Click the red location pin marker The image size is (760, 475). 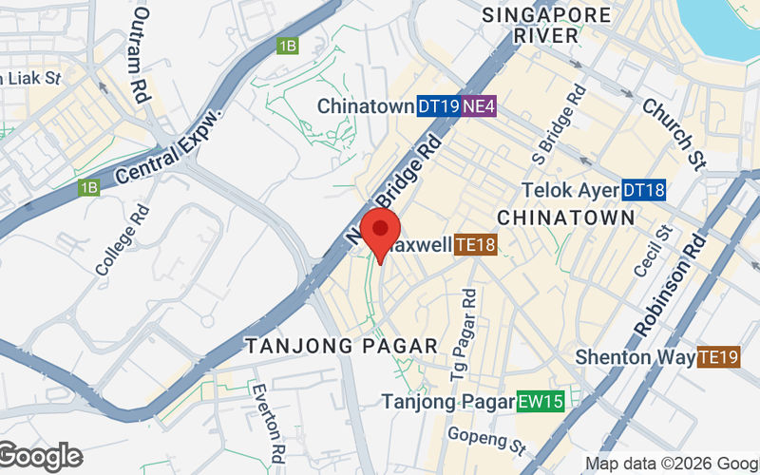click(382, 234)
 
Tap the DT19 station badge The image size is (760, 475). click(438, 106)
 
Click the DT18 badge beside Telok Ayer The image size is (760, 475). click(644, 191)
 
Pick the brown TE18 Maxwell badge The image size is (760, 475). click(476, 246)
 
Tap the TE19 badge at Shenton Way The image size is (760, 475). click(718, 357)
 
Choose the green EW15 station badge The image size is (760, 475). click(541, 402)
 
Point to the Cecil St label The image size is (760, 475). click(654, 252)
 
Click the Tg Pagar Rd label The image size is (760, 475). click(472, 328)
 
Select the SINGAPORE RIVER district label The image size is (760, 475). click(546, 26)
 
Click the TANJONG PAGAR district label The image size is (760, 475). click(342, 347)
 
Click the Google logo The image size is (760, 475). click(40, 457)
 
